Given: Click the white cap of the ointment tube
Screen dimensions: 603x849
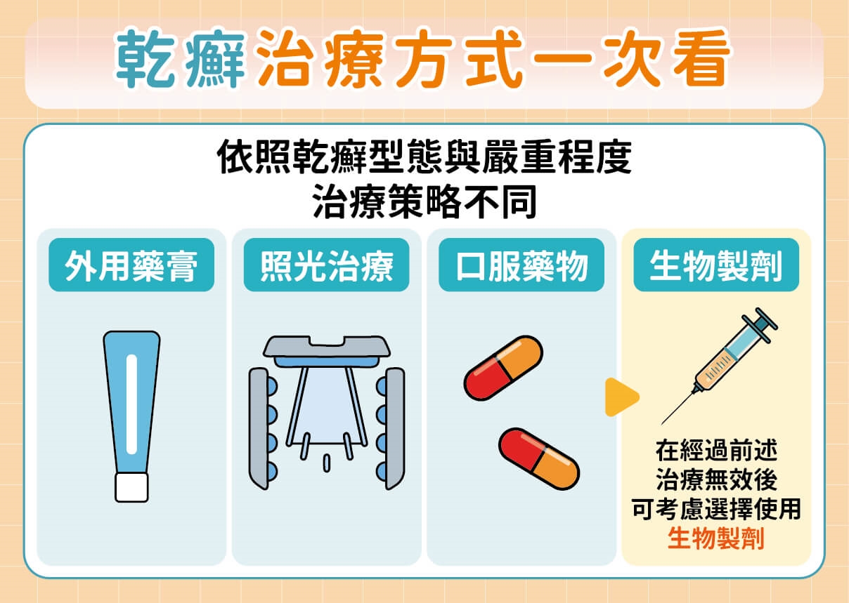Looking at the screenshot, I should point(131,487).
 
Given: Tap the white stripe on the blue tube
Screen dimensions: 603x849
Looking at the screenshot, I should point(131,404).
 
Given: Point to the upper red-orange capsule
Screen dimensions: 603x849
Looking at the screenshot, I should point(503,368).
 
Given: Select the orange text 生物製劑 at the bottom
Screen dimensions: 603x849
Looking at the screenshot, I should point(715,538).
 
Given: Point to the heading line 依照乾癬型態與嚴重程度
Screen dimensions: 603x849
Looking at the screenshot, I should point(424,160).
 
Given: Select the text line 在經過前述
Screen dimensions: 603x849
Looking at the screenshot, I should point(715,450).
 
